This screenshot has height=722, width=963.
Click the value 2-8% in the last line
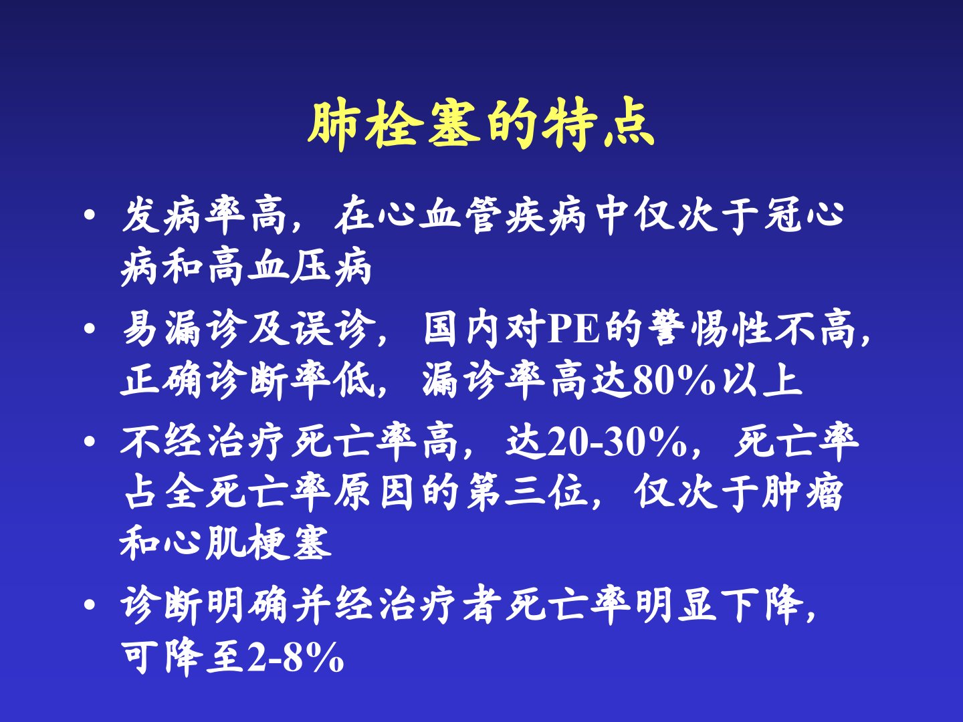click(x=296, y=657)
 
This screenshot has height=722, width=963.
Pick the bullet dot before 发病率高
click(x=89, y=216)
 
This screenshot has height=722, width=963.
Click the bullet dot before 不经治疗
click(x=89, y=441)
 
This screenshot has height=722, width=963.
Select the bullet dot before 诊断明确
click(x=89, y=606)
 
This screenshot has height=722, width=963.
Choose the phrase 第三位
click(x=526, y=493)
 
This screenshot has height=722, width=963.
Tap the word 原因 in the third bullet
click(x=374, y=493)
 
